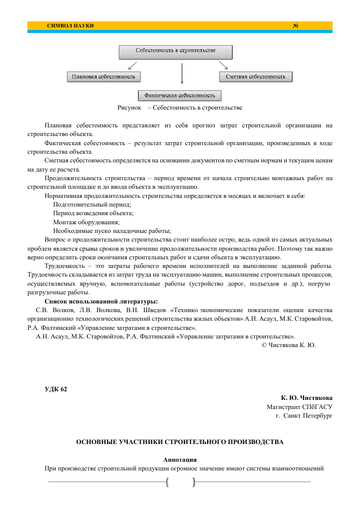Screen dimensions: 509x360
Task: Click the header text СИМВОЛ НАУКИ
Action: pos(70,25)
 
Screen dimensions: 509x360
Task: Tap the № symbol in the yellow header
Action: pos(295,25)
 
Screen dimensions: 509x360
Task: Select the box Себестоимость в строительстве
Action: pos(175,51)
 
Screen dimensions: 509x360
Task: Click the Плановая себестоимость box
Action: pos(104,77)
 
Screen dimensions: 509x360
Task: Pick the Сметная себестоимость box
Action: pos(255,77)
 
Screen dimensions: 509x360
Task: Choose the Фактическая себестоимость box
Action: pos(180,95)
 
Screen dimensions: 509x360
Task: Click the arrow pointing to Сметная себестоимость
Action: pos(223,65)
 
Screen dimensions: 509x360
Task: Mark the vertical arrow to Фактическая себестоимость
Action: pos(182,74)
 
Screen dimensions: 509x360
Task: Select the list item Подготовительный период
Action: pos(92,204)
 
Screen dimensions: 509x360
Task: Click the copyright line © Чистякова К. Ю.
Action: pos(288,345)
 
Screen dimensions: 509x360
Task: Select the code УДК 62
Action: pos(56,389)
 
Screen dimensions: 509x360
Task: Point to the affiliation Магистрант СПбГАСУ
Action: pos(300,406)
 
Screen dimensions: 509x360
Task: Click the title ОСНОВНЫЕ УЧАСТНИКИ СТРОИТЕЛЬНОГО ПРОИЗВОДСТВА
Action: pos(180,442)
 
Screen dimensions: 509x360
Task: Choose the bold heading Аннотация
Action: pos(180,459)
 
